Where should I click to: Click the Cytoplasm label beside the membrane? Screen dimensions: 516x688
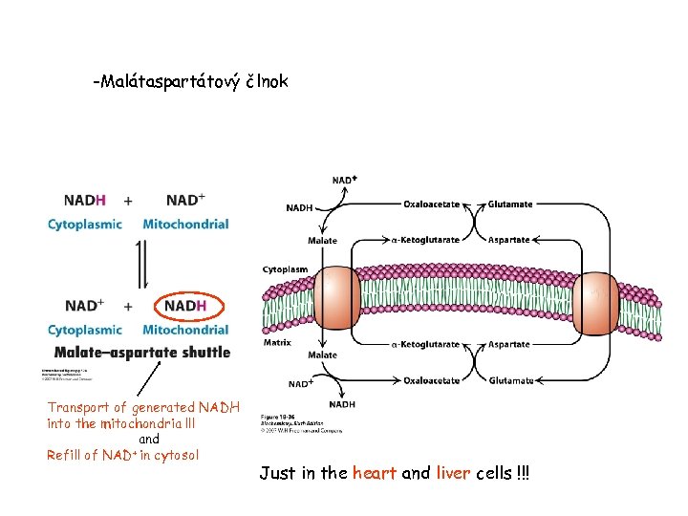(x=285, y=269)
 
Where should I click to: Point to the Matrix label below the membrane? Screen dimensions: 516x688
(x=277, y=342)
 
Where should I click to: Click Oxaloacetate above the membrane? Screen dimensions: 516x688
(x=432, y=204)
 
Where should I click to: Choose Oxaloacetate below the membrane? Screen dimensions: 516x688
(x=432, y=380)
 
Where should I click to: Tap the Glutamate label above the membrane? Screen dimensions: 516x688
(x=510, y=204)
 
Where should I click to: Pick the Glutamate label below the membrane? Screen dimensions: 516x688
(x=510, y=380)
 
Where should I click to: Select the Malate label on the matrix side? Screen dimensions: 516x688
(x=322, y=355)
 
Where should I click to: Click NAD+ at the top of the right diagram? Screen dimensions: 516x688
(x=345, y=181)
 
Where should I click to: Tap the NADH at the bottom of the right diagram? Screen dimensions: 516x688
(x=342, y=404)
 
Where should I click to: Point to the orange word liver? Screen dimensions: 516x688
(x=453, y=474)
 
